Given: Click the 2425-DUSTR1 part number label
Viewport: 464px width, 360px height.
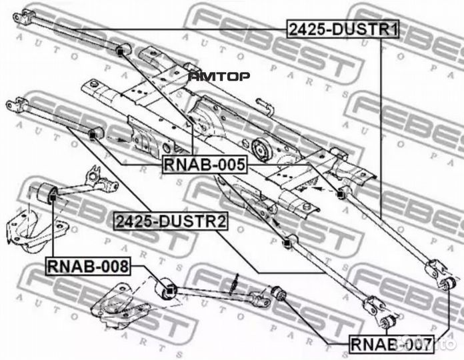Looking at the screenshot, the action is click(343, 29).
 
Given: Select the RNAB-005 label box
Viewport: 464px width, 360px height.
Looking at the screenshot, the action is click(205, 165).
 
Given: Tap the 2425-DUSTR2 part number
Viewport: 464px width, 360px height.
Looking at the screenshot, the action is click(171, 221).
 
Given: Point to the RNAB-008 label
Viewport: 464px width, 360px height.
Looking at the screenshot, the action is click(88, 266).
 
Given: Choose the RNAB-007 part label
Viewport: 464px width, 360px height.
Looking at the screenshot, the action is click(391, 344).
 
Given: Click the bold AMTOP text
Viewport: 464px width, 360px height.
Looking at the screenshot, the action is click(219, 77).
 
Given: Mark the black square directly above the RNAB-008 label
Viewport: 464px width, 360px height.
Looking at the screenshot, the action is click(53, 197).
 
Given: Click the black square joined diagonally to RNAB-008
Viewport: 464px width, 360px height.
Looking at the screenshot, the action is click(169, 291).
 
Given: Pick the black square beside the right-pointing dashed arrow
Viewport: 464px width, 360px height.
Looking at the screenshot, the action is click(92, 135).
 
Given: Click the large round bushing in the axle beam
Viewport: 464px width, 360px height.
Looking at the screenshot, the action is click(260, 150).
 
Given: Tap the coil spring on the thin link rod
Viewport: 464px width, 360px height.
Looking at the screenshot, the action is click(235, 284).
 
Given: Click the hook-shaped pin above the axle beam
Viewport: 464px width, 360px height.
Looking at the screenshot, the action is click(263, 106).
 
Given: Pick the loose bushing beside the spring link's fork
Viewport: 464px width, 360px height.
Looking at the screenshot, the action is click(279, 293).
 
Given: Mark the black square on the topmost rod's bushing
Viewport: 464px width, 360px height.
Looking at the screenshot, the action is click(120, 52).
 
